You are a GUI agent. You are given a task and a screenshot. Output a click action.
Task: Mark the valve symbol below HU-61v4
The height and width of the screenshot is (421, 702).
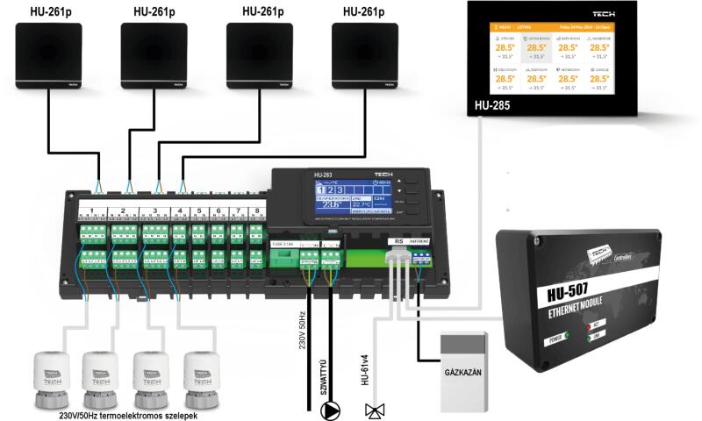(375, 410)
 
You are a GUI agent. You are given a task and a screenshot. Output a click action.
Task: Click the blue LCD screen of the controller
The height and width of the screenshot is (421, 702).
(349, 201)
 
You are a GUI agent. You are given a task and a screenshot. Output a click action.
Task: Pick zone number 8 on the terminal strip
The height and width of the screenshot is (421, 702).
(254, 211)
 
